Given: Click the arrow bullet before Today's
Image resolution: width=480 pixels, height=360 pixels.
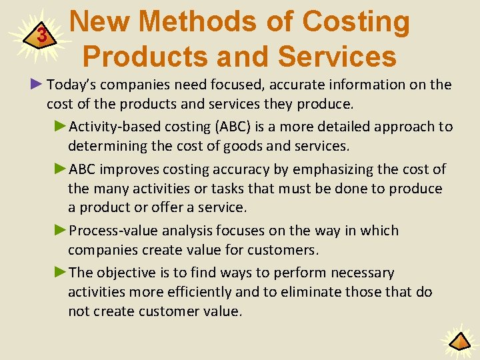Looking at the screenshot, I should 37,84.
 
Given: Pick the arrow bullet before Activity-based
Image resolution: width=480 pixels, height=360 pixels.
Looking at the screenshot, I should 60,127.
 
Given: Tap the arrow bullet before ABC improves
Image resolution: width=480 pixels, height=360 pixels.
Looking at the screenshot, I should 60,169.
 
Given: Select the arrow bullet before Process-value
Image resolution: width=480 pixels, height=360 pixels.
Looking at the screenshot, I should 60,231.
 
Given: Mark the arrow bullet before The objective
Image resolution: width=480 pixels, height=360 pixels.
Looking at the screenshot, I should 60,273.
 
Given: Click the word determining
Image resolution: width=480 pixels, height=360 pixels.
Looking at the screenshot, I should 106,146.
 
